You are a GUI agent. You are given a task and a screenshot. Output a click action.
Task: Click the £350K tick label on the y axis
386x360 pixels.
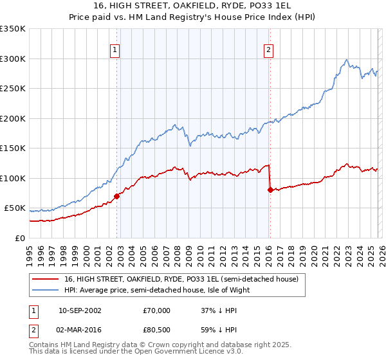(12, 29)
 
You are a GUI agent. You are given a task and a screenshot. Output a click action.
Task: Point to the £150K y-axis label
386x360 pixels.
(12, 148)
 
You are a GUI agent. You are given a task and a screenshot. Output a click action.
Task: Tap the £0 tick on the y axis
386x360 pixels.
(19, 238)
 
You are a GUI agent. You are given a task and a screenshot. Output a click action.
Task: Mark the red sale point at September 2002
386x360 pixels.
(116, 196)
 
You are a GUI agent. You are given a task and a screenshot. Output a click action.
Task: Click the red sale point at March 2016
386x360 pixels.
(270, 190)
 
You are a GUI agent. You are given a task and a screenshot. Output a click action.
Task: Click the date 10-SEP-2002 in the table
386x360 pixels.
(80, 310)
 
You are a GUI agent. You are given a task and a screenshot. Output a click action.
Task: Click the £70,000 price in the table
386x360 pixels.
(156, 310)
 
